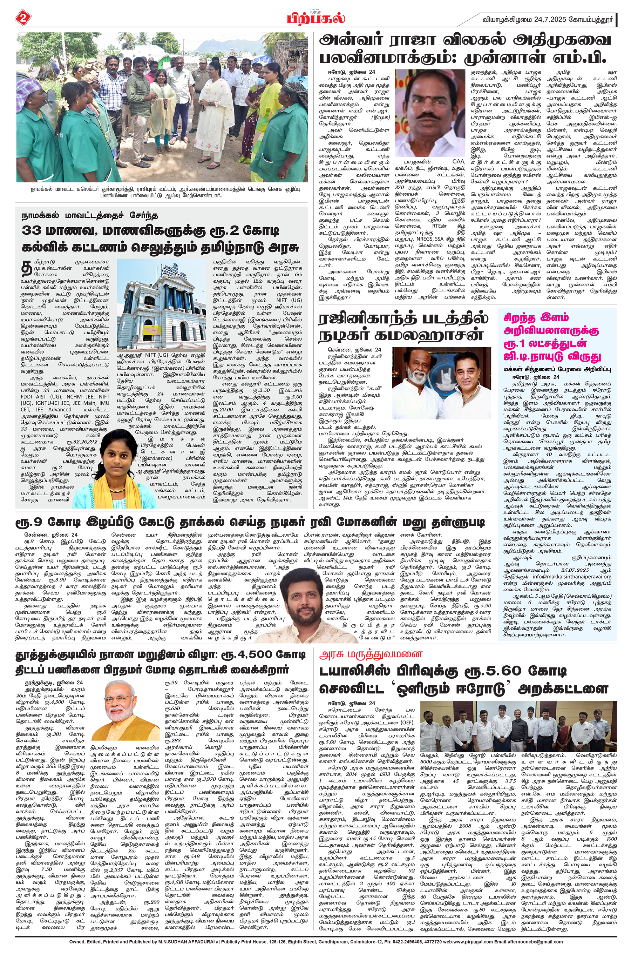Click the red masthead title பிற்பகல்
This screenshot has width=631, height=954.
[x=315, y=18]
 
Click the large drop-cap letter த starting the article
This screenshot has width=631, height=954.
[x=27, y=269]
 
